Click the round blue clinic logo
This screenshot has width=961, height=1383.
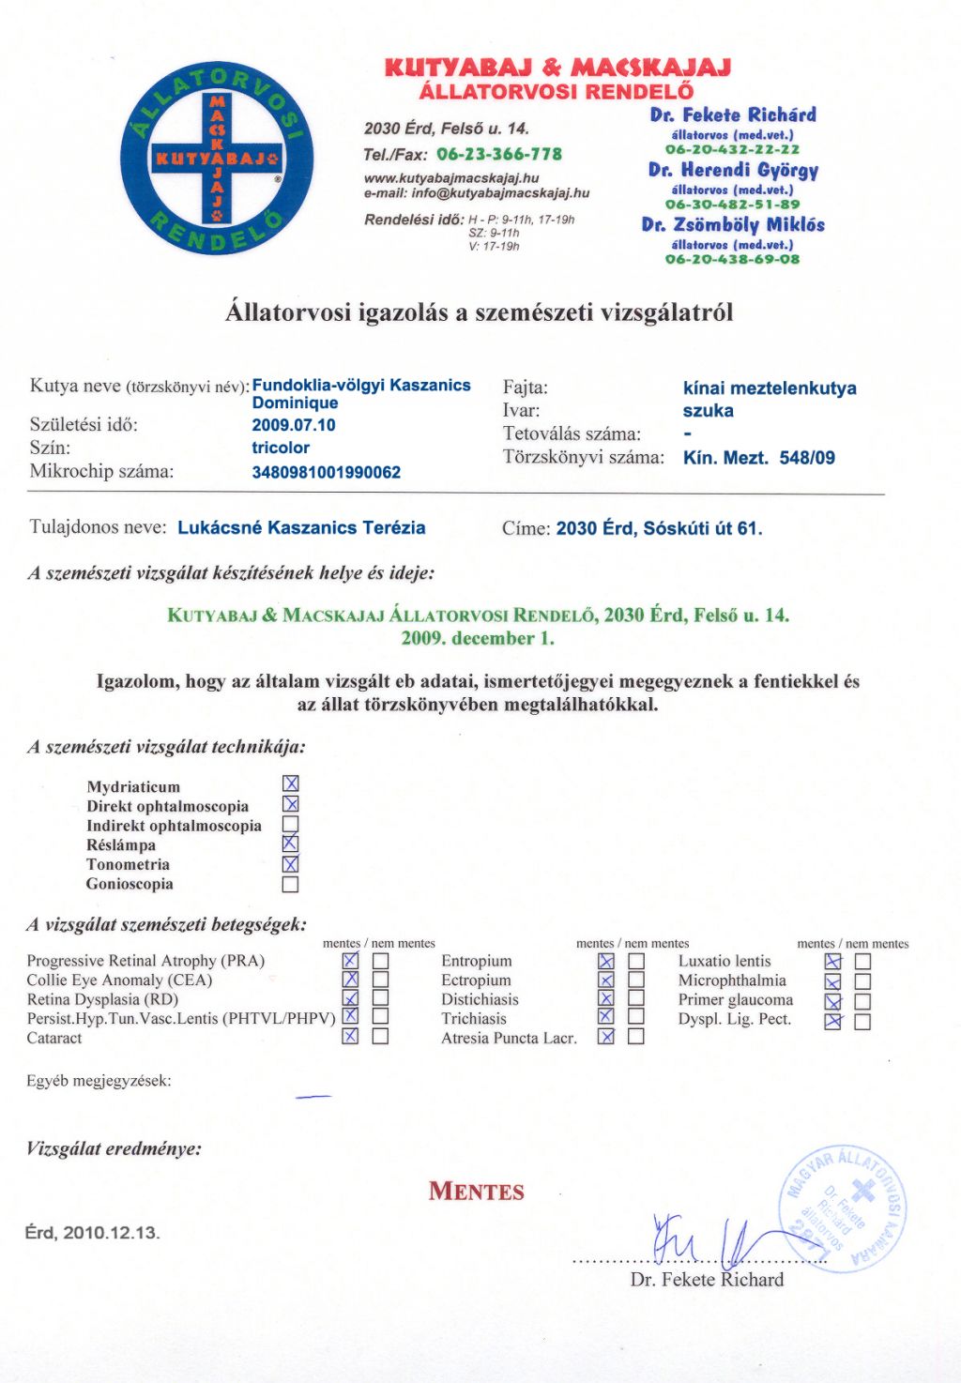click(x=217, y=159)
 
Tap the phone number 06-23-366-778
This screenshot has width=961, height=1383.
click(x=499, y=154)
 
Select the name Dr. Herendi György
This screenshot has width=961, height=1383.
click(x=733, y=170)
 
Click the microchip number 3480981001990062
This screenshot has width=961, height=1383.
click(x=326, y=472)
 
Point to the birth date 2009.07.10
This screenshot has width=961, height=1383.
click(x=294, y=425)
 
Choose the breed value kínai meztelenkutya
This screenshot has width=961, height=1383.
click(x=770, y=388)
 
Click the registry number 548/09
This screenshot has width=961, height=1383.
click(x=807, y=458)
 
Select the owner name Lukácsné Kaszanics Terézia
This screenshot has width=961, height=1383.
click(x=301, y=527)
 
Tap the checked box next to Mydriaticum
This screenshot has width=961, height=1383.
click(x=291, y=783)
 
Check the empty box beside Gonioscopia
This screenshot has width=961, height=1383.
click(x=291, y=884)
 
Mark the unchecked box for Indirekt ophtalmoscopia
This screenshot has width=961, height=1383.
click(x=291, y=825)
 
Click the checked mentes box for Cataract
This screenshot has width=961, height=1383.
click(x=350, y=1037)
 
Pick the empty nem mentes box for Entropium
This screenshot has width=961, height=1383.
click(x=636, y=961)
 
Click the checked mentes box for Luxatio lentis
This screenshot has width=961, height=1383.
click(x=832, y=961)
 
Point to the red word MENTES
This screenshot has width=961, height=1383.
click(x=477, y=1192)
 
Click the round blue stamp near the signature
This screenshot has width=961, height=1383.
click(x=844, y=1208)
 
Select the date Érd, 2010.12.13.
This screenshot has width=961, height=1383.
click(x=93, y=1232)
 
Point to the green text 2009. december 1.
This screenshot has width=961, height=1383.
click(x=478, y=638)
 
